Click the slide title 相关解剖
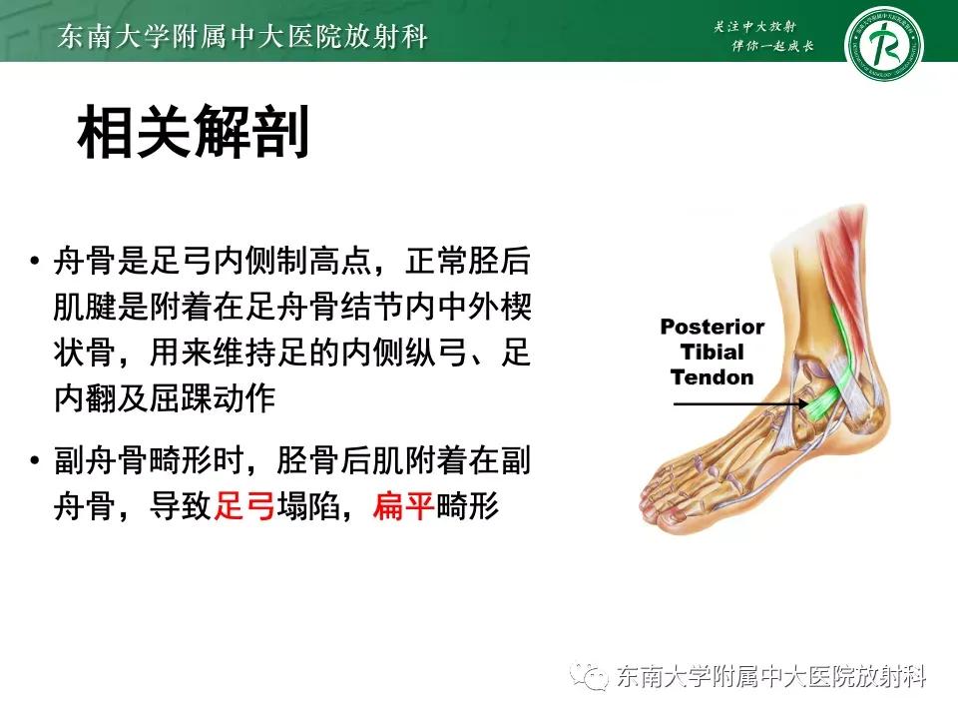point(193,133)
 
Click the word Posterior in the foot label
point(713,328)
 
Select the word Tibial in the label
point(713,353)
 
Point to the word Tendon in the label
point(713,377)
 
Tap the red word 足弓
point(244,508)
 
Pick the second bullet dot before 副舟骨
point(36,462)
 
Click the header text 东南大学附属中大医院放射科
point(243,38)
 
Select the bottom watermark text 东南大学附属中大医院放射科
point(772,677)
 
